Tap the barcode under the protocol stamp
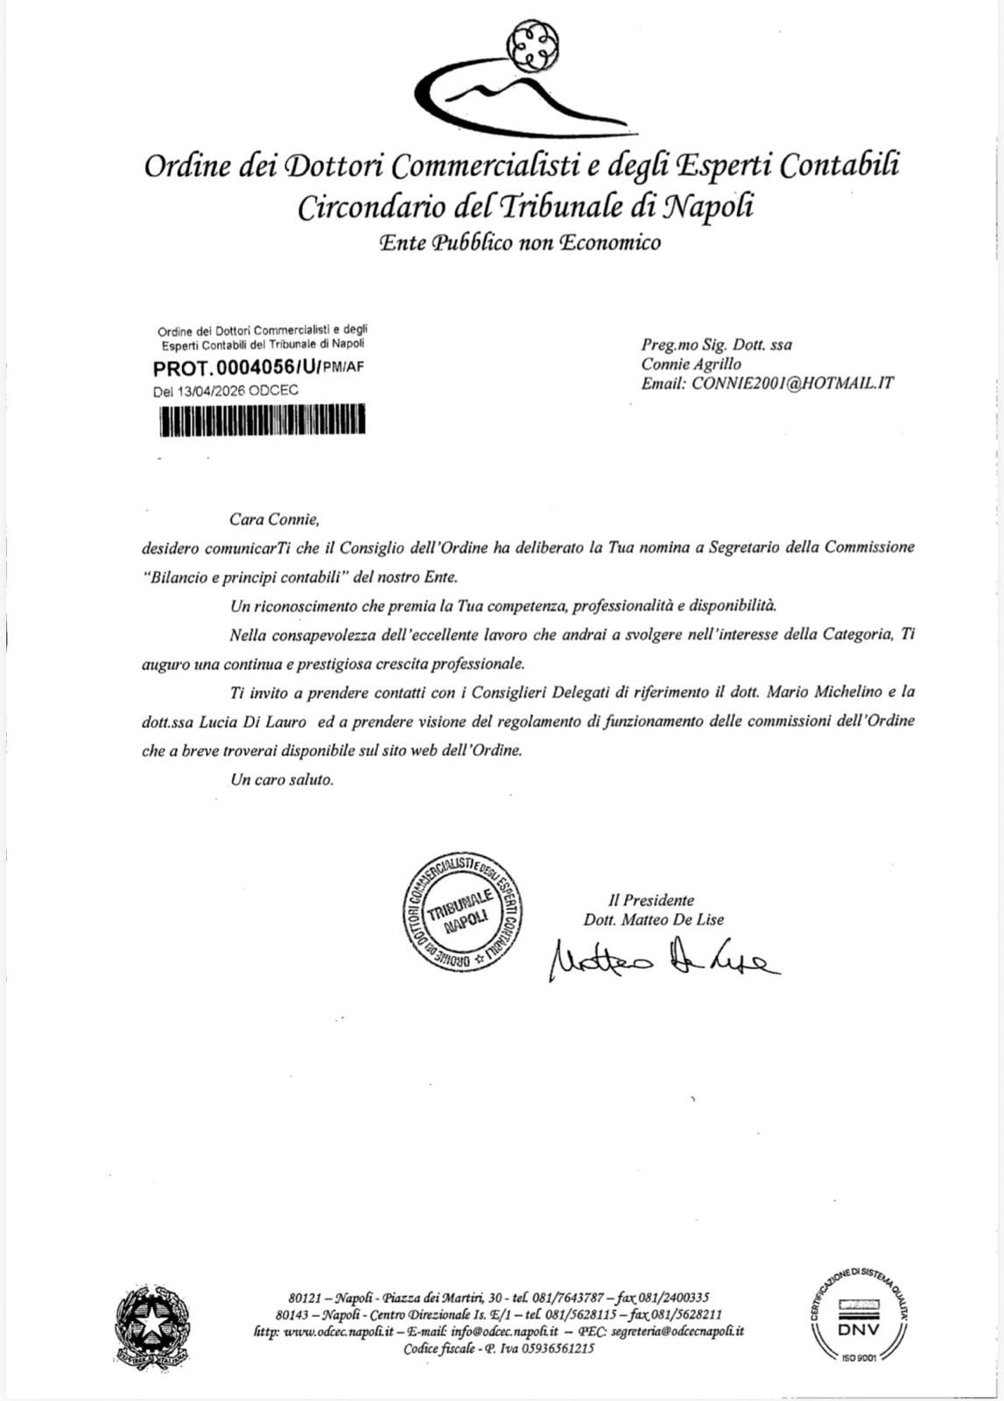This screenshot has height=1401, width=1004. pyautogui.click(x=262, y=420)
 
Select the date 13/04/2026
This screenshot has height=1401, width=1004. pyautogui.click(x=212, y=391)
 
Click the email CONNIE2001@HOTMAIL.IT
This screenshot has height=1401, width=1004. pyautogui.click(x=793, y=383)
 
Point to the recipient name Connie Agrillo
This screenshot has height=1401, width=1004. pyautogui.click(x=692, y=363)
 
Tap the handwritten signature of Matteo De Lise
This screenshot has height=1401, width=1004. pyautogui.click(x=662, y=960)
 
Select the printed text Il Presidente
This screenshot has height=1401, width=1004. pyautogui.click(x=652, y=900)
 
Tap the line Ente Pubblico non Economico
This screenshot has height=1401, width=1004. pyautogui.click(x=520, y=243)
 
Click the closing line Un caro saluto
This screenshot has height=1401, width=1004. pyautogui.click(x=282, y=779)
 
